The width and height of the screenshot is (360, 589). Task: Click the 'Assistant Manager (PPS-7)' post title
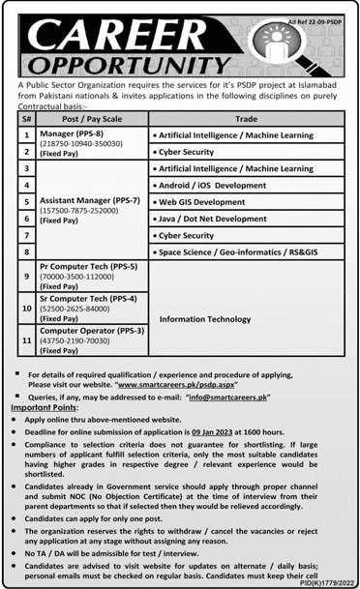coord(90,200)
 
